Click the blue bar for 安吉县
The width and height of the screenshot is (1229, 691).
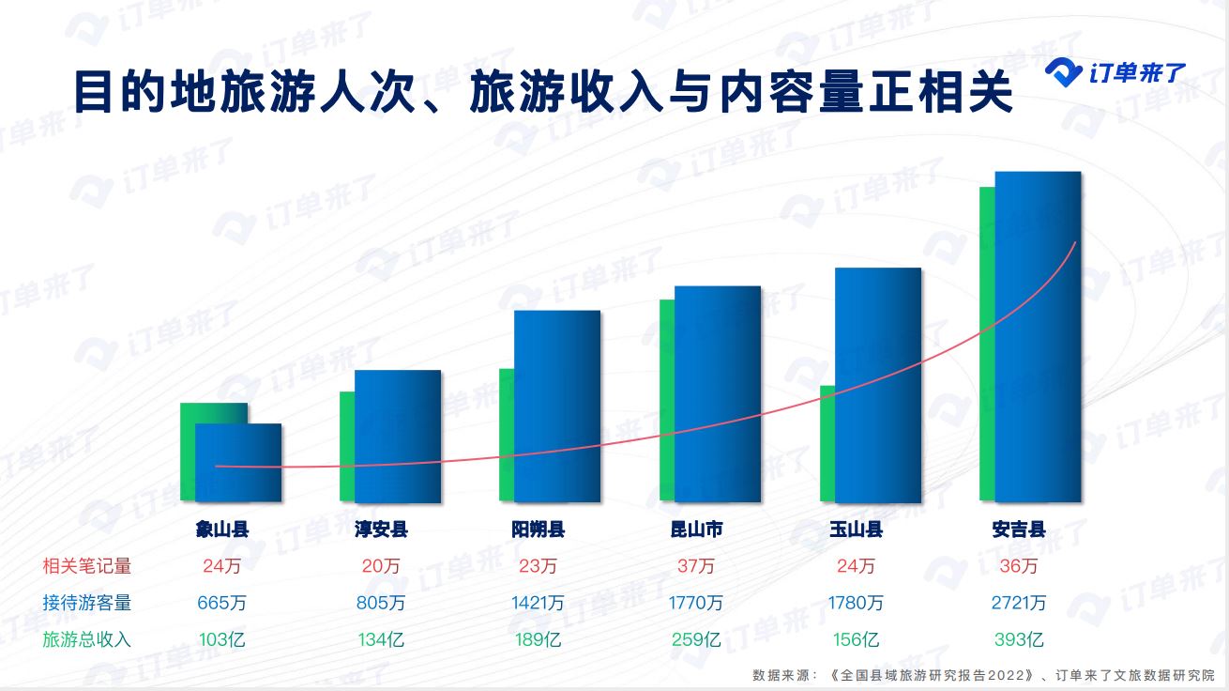coord(1038,337)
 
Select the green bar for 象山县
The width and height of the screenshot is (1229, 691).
coord(188,452)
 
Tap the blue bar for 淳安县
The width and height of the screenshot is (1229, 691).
coord(398,437)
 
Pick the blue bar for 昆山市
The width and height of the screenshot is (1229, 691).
coord(718,394)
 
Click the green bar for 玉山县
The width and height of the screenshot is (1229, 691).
coord(827,443)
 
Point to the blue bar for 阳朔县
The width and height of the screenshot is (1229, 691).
coord(557,407)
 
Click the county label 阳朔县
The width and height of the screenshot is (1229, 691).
coord(539,530)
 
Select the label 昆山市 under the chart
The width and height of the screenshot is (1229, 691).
coord(697,530)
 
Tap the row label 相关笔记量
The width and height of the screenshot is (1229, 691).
coord(87,566)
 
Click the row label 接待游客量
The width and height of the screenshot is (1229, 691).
coord(87,603)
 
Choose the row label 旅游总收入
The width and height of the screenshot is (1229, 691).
coord(87,639)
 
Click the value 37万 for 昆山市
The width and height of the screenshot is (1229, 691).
coord(696,566)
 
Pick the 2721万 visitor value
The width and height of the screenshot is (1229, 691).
coord(1019,603)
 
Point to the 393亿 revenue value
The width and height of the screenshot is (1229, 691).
coord(1019,639)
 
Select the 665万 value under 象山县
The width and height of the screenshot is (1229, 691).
coord(222,603)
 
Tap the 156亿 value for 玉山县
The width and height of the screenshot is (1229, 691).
coord(856,639)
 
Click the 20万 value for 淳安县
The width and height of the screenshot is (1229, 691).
coord(381,566)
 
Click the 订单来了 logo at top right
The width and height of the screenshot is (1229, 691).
coord(1115,72)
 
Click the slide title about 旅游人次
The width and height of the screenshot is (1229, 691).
coord(544,92)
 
